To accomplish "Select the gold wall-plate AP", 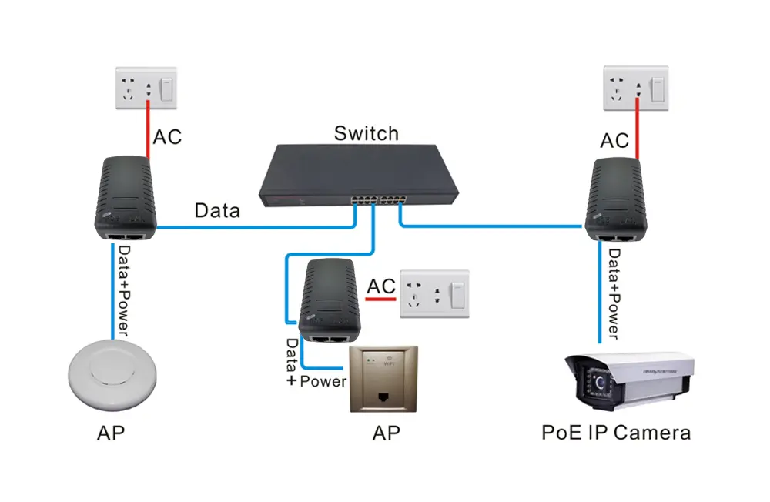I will click(385, 379).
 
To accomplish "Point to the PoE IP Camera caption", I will click(615, 432).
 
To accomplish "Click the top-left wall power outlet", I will click(146, 90).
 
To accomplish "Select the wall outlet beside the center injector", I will click(434, 294).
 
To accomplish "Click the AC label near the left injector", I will click(168, 138).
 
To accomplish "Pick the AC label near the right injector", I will click(614, 140).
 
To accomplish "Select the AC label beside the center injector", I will click(381, 286).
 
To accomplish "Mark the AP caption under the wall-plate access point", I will click(386, 433).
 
